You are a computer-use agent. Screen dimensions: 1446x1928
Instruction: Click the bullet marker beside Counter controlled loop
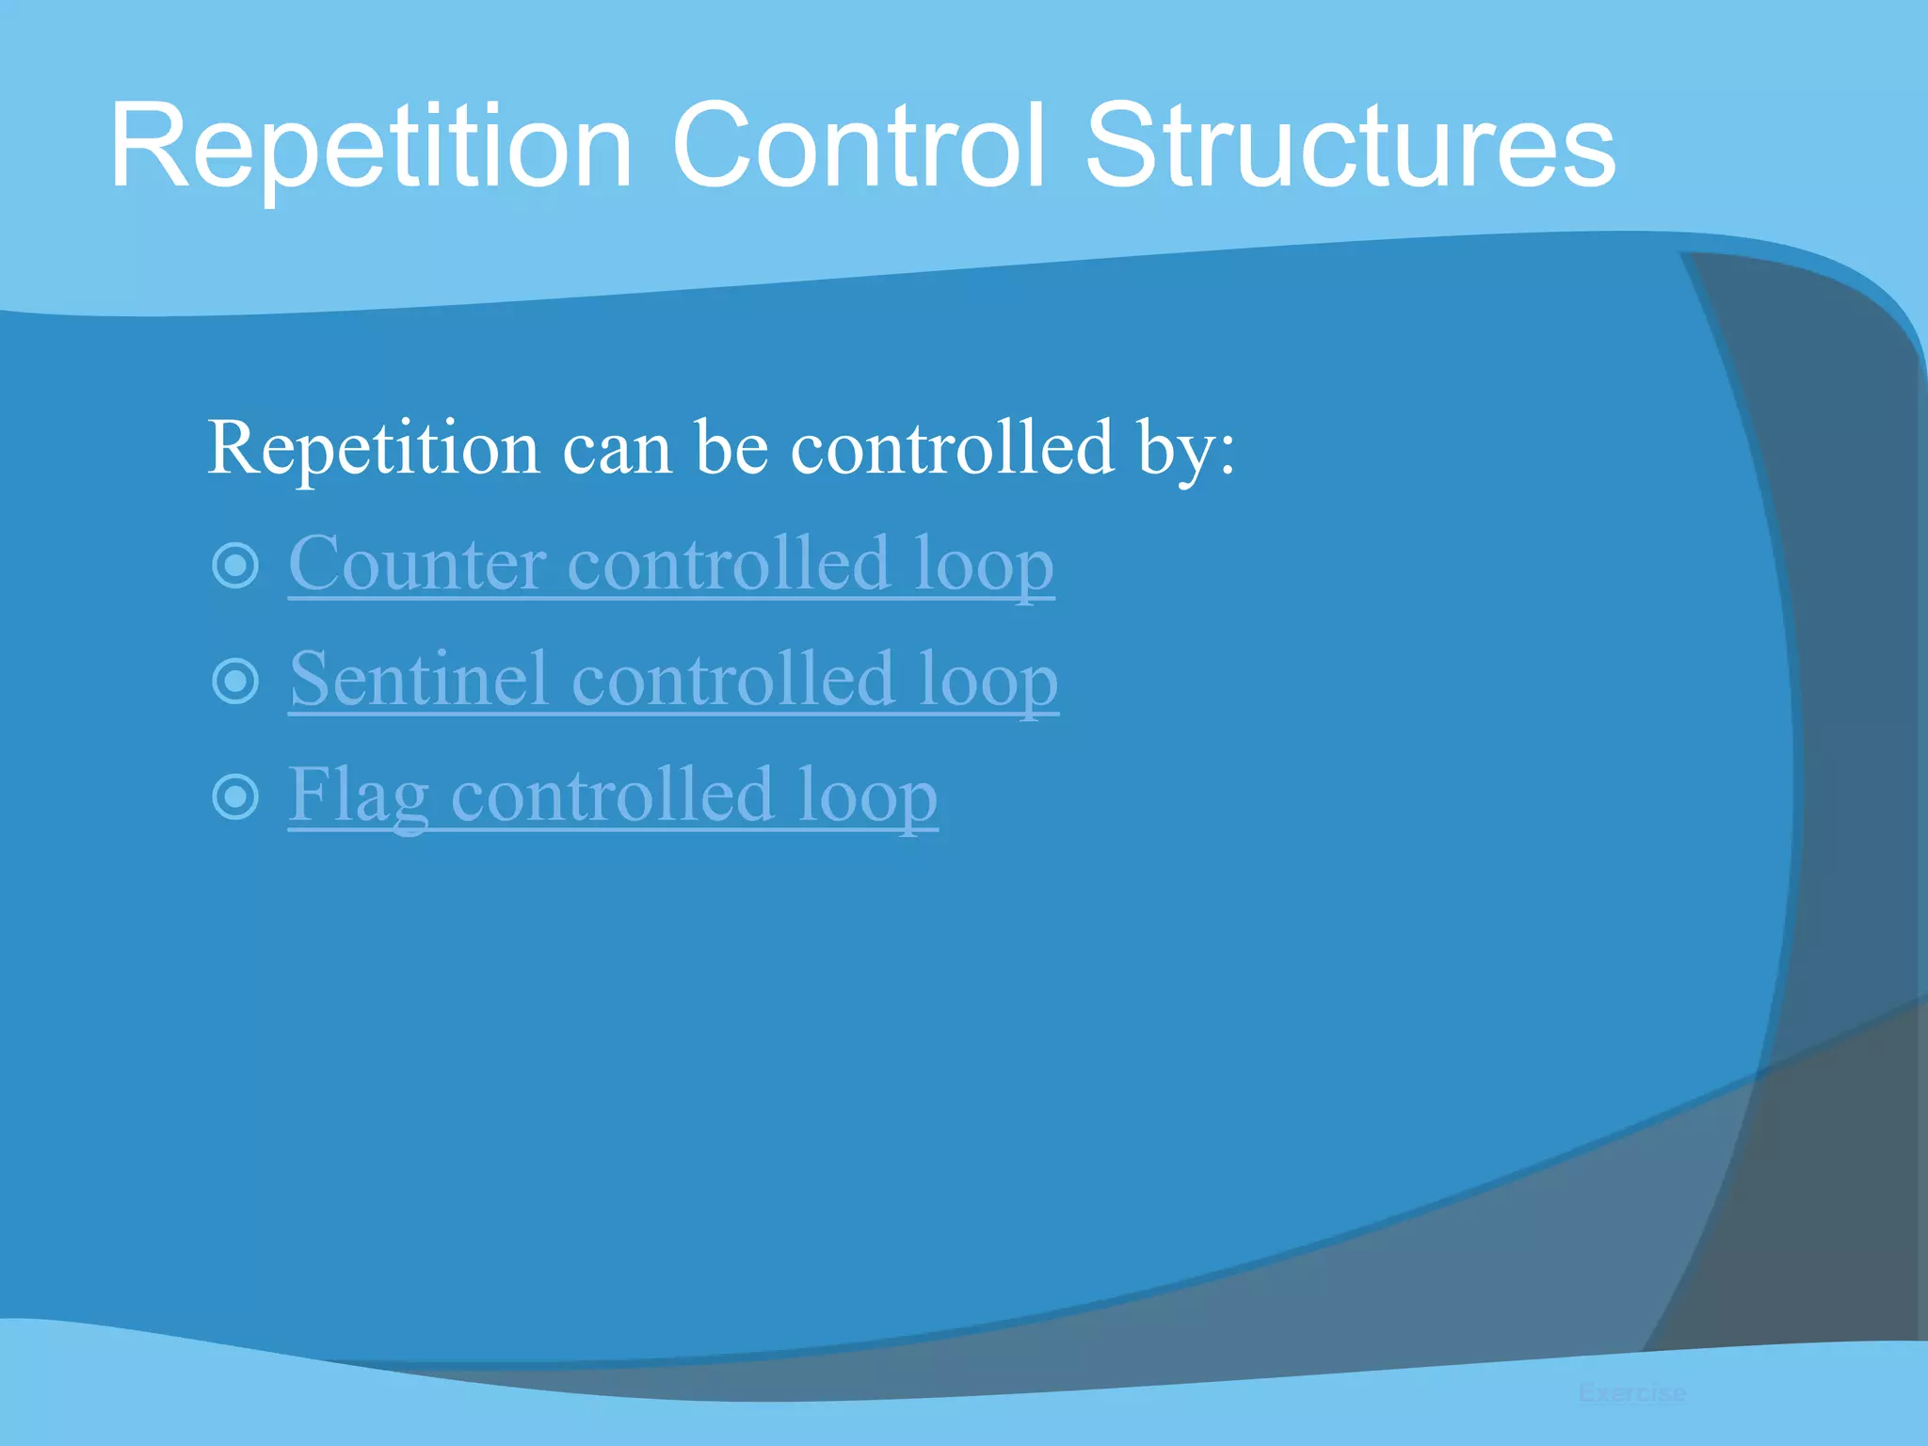(x=235, y=566)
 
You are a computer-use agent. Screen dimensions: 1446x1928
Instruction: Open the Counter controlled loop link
(x=670, y=565)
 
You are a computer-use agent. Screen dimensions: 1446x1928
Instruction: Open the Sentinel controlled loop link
(x=673, y=681)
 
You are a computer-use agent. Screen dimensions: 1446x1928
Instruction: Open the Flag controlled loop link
(x=612, y=796)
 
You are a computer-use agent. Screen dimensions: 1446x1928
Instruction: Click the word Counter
(x=416, y=565)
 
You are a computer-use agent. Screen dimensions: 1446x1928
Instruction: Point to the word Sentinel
(x=419, y=680)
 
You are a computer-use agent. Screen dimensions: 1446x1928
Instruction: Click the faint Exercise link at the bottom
(x=1631, y=1392)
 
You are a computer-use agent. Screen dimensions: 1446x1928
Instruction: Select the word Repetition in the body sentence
(x=373, y=450)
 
